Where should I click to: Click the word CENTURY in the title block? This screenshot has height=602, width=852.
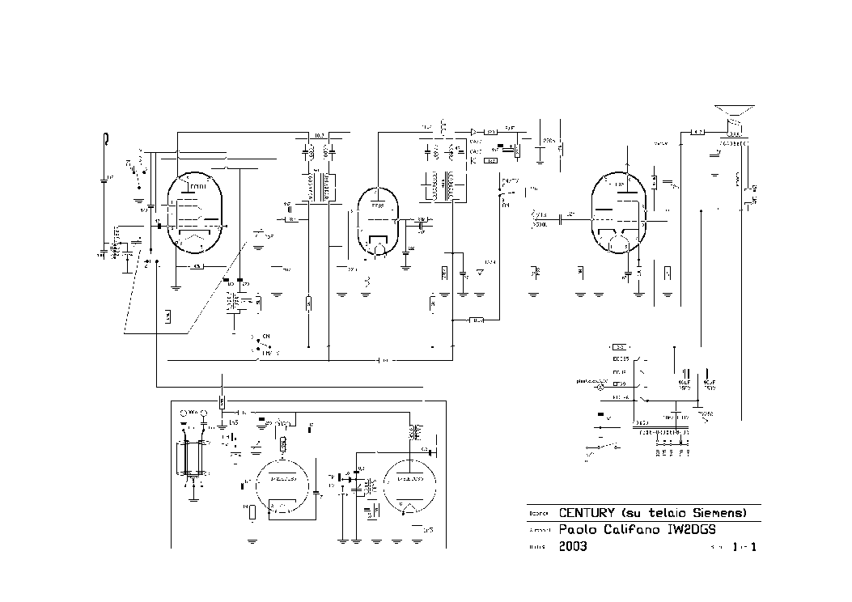[587, 513]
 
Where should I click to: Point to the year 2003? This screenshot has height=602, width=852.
[573, 546]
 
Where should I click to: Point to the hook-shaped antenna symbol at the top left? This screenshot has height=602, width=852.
[105, 139]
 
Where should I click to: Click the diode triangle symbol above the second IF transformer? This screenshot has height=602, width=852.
[474, 131]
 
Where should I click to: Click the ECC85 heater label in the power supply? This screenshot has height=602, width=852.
[621, 357]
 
